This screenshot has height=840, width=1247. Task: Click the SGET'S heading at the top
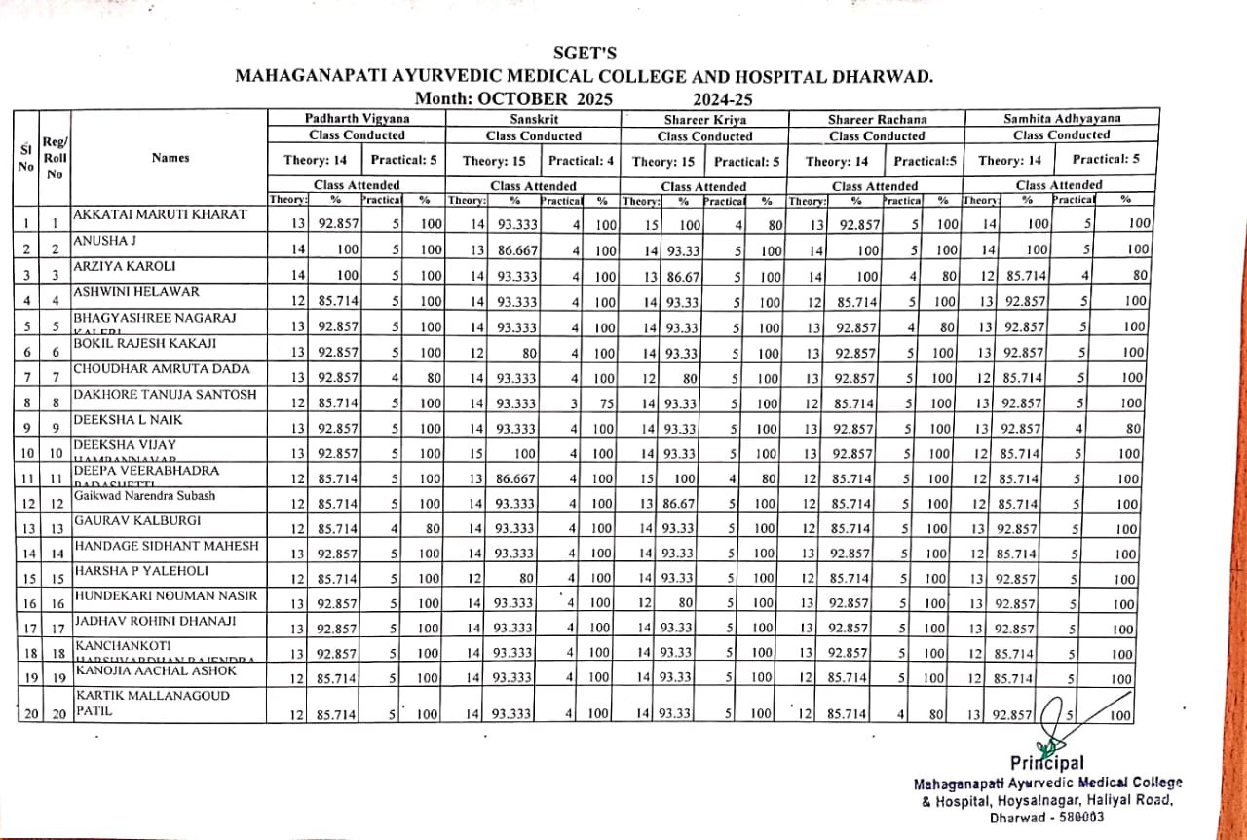[x=584, y=54]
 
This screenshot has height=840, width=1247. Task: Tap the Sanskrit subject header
[x=533, y=119]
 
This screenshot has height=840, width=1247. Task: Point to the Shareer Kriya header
[x=704, y=120]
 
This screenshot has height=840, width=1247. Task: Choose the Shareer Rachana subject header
[x=876, y=120]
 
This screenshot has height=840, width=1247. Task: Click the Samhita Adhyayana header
[x=1061, y=119]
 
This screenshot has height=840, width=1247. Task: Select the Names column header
[x=170, y=158]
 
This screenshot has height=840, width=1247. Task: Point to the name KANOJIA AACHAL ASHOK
[x=155, y=671]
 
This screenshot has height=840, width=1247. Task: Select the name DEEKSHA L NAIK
[x=128, y=419]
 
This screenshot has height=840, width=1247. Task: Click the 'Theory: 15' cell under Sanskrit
[x=491, y=160]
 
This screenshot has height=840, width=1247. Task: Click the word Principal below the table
[x=1046, y=763]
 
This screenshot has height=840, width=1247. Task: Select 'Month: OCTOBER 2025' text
[x=513, y=98]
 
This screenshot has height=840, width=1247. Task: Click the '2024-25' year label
[x=723, y=98]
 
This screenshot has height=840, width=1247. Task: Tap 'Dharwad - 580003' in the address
[x=1046, y=818]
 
